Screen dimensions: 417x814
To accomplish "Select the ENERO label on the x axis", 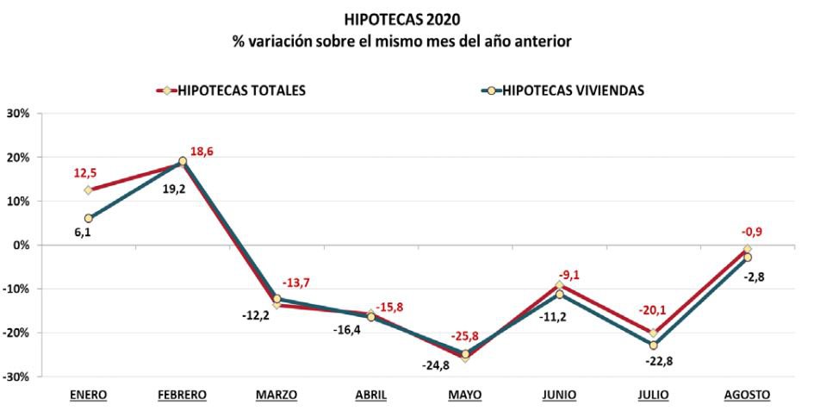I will tap(88, 395).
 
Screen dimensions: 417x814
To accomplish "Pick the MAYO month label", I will tap(465, 395).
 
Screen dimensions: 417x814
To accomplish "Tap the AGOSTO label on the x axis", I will tap(747, 395).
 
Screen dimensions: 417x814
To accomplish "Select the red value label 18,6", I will tap(202, 152).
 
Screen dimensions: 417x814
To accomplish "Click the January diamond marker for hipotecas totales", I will tap(88, 190).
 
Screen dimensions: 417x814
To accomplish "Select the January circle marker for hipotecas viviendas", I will tap(88, 218).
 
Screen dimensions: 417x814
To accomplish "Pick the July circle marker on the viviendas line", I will tap(653, 345).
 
